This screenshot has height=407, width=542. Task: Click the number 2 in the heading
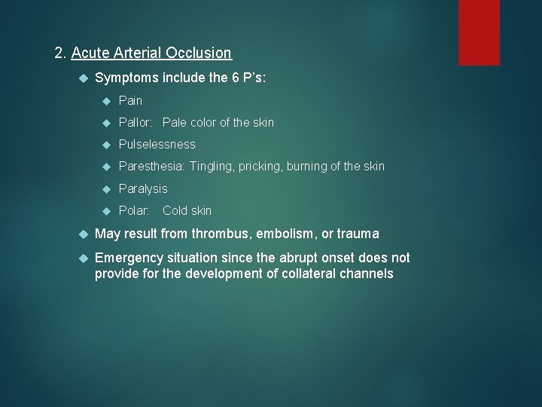click(x=59, y=54)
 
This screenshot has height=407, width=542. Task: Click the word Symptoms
click(x=123, y=78)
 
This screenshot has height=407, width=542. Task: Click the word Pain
click(x=130, y=100)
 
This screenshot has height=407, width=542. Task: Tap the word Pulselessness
click(x=157, y=144)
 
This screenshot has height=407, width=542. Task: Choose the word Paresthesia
click(x=151, y=166)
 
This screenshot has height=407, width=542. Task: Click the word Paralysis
click(x=143, y=188)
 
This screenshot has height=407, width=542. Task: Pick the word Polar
click(x=133, y=210)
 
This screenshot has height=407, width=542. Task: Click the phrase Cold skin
click(x=187, y=210)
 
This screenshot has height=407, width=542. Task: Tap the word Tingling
click(x=212, y=166)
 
